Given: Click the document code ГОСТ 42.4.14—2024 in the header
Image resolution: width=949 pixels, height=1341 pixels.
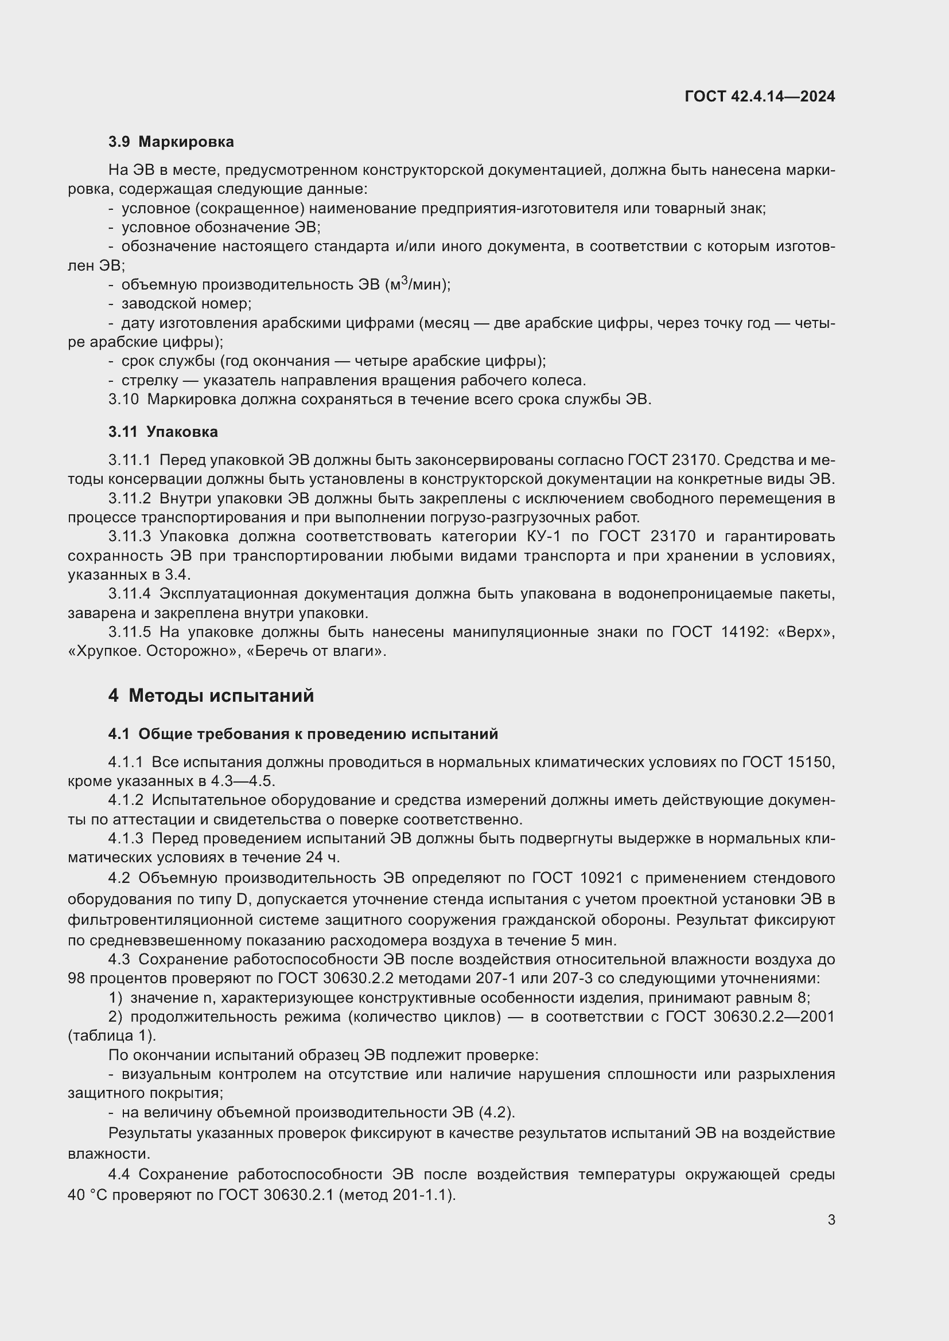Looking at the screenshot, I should (759, 96).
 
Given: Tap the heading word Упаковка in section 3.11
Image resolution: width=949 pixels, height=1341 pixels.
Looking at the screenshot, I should (182, 432).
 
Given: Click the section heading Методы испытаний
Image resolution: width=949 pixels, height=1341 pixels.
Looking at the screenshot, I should (221, 695).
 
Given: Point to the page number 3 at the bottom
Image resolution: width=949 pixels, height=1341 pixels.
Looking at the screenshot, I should (831, 1219).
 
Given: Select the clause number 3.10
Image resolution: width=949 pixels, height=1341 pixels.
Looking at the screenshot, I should (123, 400).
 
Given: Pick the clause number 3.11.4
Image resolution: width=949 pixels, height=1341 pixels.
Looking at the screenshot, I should (130, 594).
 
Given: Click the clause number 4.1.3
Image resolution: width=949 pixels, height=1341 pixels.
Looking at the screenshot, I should (126, 839).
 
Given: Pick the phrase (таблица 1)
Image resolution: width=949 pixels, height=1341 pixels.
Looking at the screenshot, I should (112, 1036).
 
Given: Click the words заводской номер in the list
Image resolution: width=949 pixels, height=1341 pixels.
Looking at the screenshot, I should (186, 304).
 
